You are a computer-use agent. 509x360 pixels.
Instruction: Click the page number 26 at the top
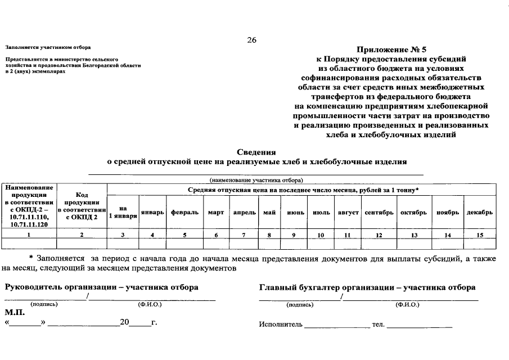pyautogui.click(x=252, y=39)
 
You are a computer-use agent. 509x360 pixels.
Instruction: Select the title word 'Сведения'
pyautogui.click(x=256, y=152)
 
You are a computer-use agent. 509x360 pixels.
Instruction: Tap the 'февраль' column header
pyautogui.click(x=184, y=213)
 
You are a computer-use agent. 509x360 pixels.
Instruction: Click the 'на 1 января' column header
pyautogui.click(x=123, y=213)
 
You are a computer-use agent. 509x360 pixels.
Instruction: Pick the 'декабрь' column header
pyautogui.click(x=479, y=213)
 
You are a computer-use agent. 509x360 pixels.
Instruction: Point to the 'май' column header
pyautogui.click(x=269, y=213)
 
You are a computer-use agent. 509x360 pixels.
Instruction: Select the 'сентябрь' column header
pyautogui.click(x=379, y=213)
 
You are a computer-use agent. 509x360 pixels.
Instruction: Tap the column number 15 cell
pyautogui.click(x=479, y=235)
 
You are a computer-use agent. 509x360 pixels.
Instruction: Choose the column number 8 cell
pyautogui.click(x=269, y=235)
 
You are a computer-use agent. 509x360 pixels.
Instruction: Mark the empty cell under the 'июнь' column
pyautogui.click(x=295, y=244)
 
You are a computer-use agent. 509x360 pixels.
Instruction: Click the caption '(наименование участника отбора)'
pyautogui.click(x=256, y=180)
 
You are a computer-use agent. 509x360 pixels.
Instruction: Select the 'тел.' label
pyautogui.click(x=377, y=325)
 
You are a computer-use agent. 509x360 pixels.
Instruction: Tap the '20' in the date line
pyautogui.click(x=124, y=323)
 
